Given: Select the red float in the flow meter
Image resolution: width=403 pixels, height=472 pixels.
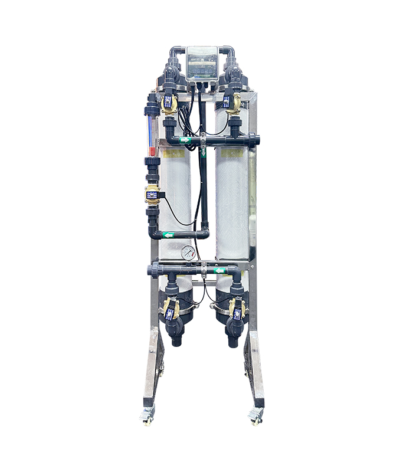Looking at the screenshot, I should [x=152, y=151].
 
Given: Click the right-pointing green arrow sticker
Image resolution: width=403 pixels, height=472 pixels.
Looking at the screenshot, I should [x=185, y=140].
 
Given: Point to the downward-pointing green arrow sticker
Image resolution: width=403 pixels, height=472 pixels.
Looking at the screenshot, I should [x=204, y=152].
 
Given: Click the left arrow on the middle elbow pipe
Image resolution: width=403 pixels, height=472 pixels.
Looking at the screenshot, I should [x=168, y=235].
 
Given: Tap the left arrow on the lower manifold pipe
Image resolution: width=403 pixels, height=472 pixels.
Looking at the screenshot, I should [x=219, y=271].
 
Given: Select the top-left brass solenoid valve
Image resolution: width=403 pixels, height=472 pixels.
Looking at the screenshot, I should [x=169, y=104].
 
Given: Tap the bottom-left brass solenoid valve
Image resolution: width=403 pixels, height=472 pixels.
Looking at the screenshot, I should [x=171, y=309].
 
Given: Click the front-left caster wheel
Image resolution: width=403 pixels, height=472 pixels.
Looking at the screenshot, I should [x=146, y=417].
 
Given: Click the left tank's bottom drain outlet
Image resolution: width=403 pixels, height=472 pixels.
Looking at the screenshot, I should [x=176, y=339].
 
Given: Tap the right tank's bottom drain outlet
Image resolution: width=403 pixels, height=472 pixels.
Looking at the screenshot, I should [x=233, y=339].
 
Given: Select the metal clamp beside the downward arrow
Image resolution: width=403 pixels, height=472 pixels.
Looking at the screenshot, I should [x=204, y=140].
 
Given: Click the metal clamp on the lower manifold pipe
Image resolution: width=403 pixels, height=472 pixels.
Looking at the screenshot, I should [x=204, y=270].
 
